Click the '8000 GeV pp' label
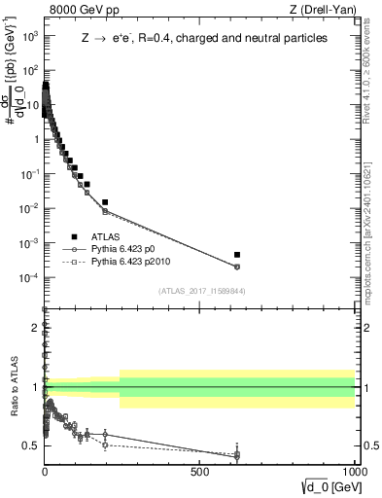[79, 11]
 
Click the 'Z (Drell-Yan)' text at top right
[326, 11]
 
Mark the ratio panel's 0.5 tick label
[31, 445]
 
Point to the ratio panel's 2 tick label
[35, 326]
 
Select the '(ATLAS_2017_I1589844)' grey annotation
[200, 291]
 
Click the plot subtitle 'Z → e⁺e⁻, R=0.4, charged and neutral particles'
[203, 38]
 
